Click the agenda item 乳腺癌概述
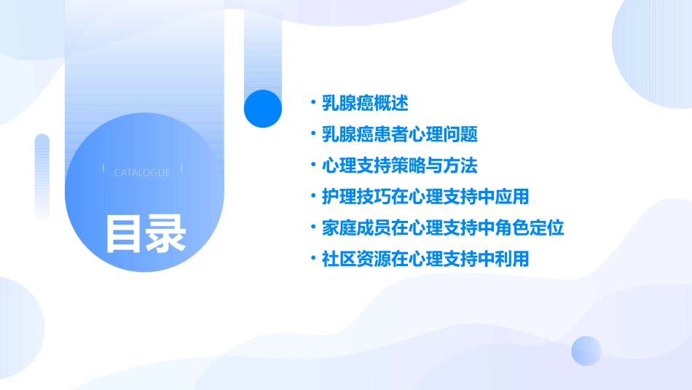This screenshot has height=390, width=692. (365, 104)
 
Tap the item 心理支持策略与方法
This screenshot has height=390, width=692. (399, 165)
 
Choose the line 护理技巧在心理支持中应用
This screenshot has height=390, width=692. (425, 197)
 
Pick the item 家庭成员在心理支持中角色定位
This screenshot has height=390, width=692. (443, 227)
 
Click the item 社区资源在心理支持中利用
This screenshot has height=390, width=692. (425, 259)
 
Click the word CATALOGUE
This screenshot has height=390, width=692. (142, 173)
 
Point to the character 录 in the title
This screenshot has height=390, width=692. (166, 233)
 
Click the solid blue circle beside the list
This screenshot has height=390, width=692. (263, 109)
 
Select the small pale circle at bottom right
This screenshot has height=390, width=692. (586, 351)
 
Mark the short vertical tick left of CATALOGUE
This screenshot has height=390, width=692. (103, 168)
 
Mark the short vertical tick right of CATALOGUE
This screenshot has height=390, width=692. (181, 168)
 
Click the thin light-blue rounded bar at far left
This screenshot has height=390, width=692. (42, 175)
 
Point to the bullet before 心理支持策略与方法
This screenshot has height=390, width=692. (312, 165)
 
